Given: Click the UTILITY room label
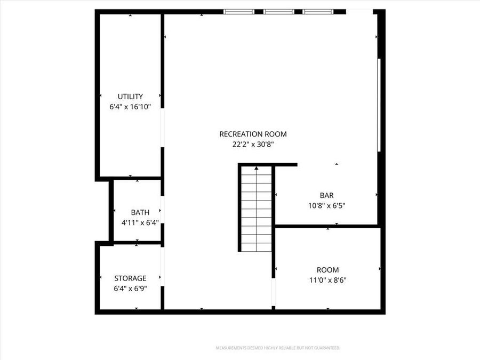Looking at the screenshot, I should [130, 97].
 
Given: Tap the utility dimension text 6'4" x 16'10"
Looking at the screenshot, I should [130, 107].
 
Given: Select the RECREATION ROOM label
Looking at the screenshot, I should [253, 134].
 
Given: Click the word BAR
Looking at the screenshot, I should [326, 196].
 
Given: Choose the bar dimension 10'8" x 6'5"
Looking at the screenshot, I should [326, 205].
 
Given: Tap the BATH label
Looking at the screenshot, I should [140, 213].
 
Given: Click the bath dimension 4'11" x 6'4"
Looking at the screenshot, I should [140, 222].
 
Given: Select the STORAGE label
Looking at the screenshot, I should [130, 278].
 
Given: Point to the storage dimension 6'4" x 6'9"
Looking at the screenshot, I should [130, 288].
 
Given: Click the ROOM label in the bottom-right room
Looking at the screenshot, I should [327, 270].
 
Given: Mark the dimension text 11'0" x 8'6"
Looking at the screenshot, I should [327, 280].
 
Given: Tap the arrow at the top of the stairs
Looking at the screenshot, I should [256, 169].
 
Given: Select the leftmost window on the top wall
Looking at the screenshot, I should [238, 11].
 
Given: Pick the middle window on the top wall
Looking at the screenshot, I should [278, 11].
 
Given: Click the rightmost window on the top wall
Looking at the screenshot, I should [318, 11].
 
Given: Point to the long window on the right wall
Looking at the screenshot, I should [379, 105].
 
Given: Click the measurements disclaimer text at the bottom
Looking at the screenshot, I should [277, 348].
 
